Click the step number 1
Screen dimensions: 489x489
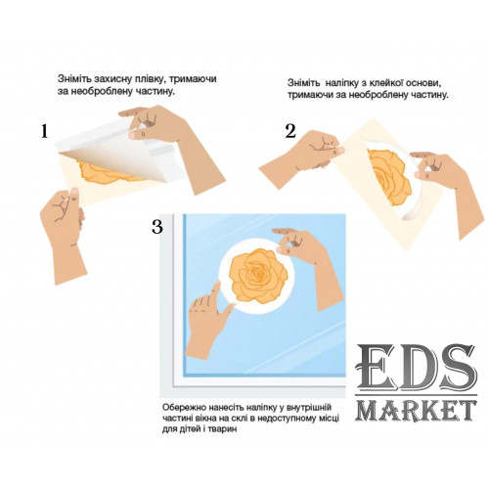[44, 132]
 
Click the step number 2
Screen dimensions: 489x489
[290, 132]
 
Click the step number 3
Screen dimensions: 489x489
[157, 226]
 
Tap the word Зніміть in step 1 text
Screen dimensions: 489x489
[74, 79]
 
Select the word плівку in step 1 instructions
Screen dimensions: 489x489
[150, 80]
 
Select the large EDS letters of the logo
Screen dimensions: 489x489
[416, 369]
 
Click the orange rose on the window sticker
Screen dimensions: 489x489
[258, 276]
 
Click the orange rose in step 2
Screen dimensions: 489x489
[389, 176]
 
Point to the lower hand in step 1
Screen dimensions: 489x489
[64, 234]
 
